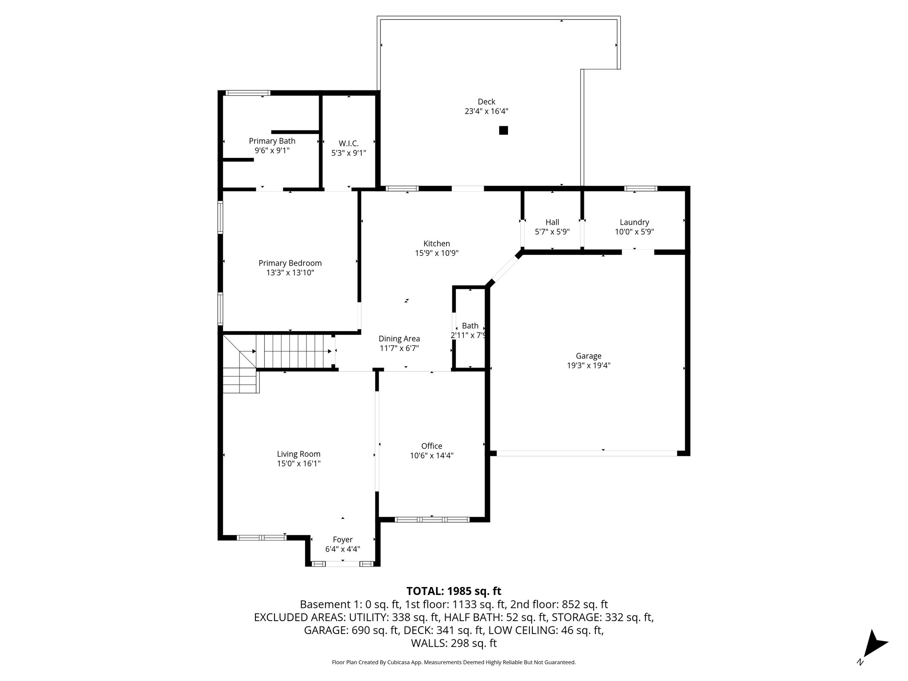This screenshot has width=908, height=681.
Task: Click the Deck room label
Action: pyautogui.click(x=486, y=102)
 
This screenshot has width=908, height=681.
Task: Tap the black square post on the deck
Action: pyautogui.click(x=503, y=130)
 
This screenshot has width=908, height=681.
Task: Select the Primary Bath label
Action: pyautogui.click(x=272, y=141)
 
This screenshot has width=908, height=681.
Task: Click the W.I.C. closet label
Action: pyautogui.click(x=348, y=143)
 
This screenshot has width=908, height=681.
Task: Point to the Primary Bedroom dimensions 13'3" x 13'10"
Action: pyautogui.click(x=290, y=273)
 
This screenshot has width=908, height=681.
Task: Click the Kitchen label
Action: pyautogui.click(x=437, y=243)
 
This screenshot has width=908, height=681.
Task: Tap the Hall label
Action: pyautogui.click(x=552, y=222)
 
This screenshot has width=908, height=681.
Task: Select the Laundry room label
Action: pyautogui.click(x=634, y=222)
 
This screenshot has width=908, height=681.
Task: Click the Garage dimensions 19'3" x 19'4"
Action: pyautogui.click(x=588, y=365)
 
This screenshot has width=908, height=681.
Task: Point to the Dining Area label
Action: pyautogui.click(x=399, y=339)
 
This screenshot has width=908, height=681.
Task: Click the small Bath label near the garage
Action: pyautogui.click(x=470, y=326)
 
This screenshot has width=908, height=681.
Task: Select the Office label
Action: pyautogui.click(x=431, y=446)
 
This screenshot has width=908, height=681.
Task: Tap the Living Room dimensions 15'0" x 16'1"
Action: pyautogui.click(x=298, y=464)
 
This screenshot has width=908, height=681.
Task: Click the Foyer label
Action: pyautogui.click(x=342, y=540)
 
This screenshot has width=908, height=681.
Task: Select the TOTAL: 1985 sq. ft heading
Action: pyautogui.click(x=454, y=591)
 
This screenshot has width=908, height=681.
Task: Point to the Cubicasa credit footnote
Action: pyautogui.click(x=454, y=662)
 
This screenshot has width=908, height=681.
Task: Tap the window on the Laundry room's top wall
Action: pyautogui.click(x=641, y=188)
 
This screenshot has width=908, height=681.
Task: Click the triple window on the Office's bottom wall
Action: pyautogui.click(x=431, y=520)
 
